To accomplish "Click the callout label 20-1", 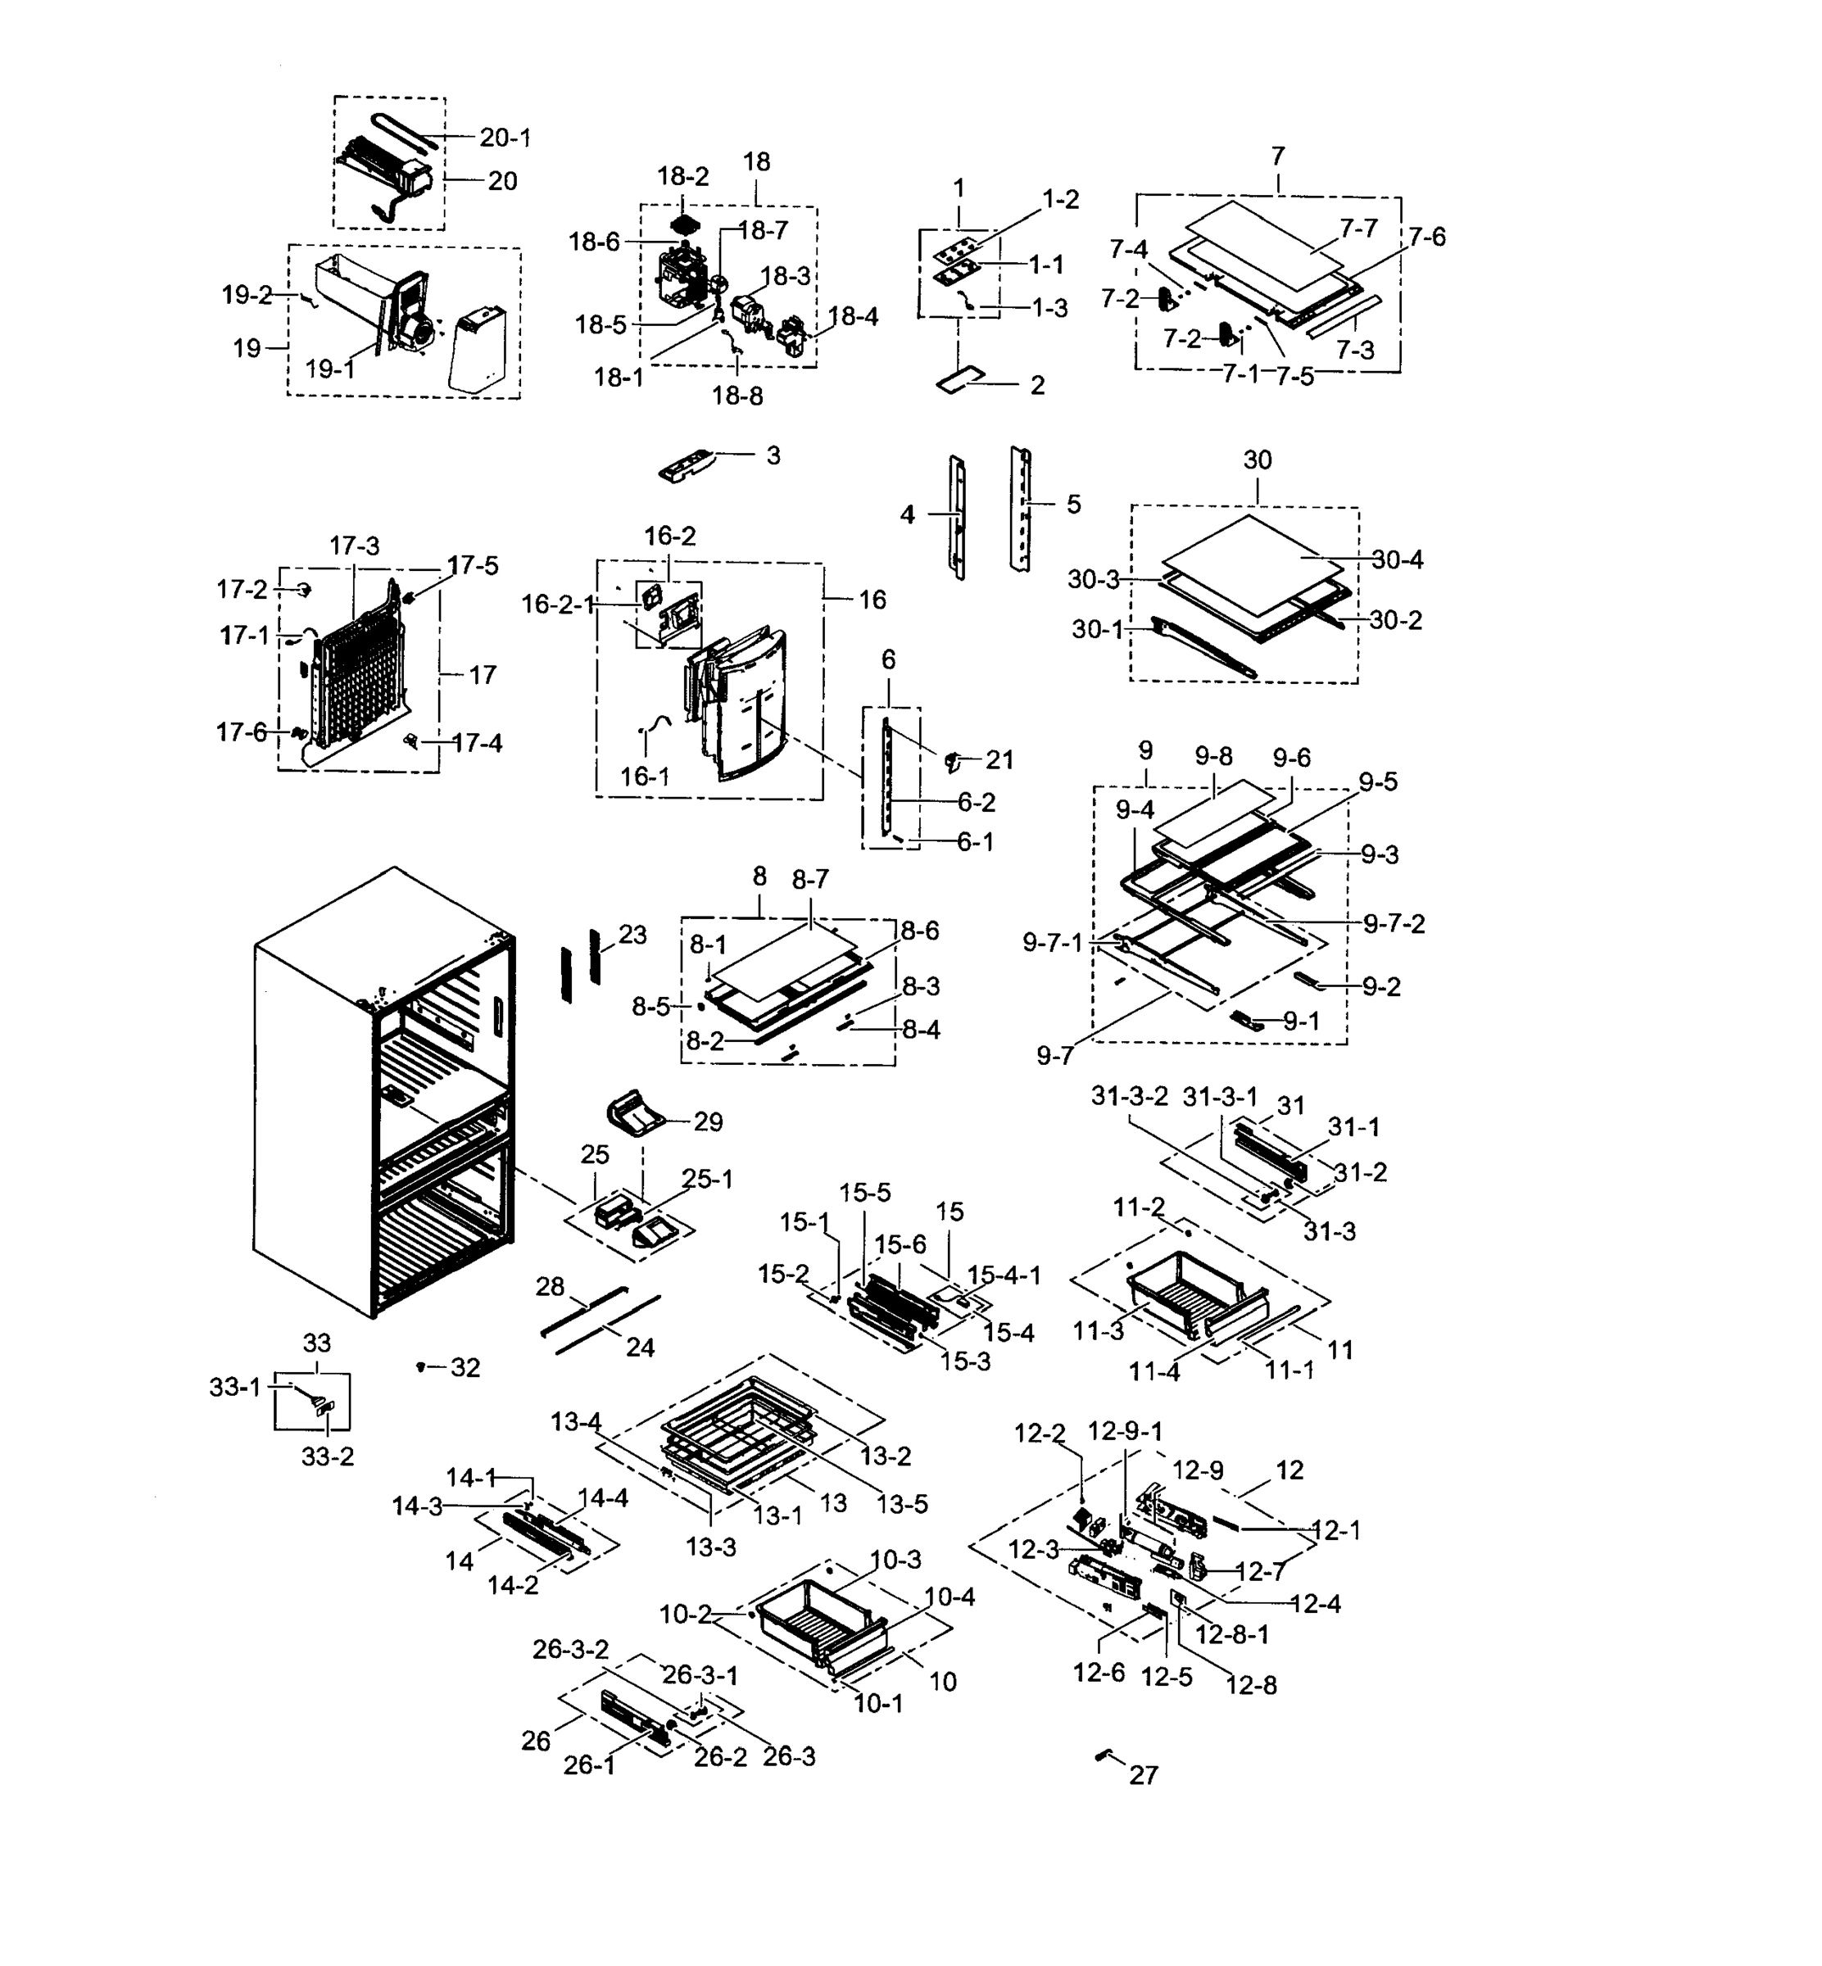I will (x=505, y=138).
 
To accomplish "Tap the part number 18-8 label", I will (x=737, y=396).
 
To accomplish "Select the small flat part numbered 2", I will (x=961, y=382).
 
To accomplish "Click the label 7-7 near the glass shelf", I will (x=1357, y=228).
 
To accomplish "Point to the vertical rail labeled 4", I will (x=958, y=515).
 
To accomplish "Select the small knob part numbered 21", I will (x=953, y=760).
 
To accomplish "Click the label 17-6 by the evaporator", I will (x=242, y=732).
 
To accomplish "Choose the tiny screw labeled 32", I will (x=421, y=1366).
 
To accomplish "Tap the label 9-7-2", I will (x=1394, y=924).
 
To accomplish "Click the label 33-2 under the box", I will (x=328, y=1456).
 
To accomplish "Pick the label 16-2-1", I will (x=558, y=605).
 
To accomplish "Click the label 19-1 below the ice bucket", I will (x=329, y=369).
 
